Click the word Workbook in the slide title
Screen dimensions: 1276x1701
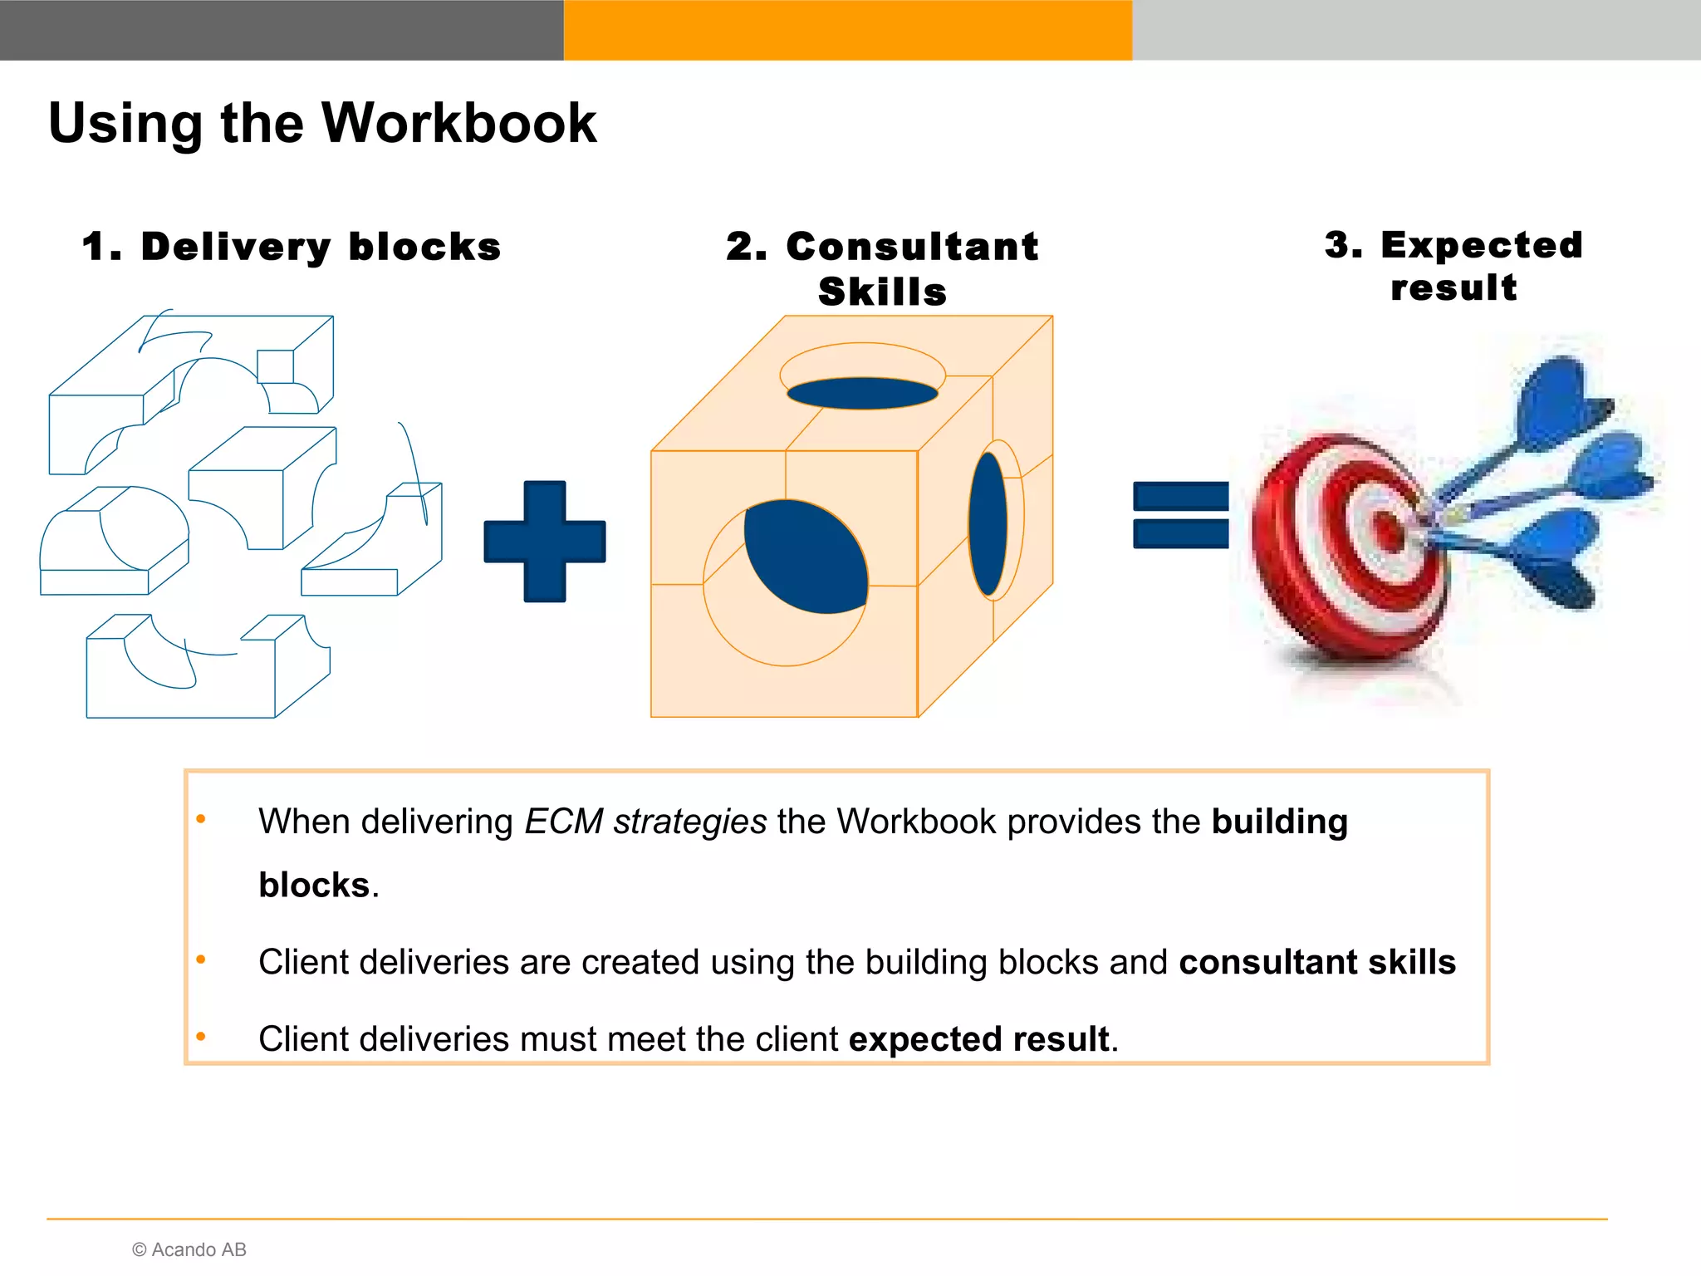coord(458,123)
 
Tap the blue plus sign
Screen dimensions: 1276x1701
coord(545,542)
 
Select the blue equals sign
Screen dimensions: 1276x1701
coord(1180,515)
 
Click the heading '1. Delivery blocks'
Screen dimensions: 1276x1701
coord(292,247)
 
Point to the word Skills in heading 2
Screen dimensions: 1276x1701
coord(882,292)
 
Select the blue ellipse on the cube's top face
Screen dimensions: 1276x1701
coord(862,393)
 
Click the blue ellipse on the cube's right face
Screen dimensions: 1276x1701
coord(988,523)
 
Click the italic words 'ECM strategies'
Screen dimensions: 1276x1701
coord(645,821)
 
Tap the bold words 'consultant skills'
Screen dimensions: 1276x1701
coord(1316,961)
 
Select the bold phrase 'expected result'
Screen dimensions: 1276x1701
coord(978,1038)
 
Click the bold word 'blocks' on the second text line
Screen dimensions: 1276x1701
coord(314,885)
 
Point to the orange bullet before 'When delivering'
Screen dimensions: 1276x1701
coord(201,820)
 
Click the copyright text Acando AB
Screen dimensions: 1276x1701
coord(189,1249)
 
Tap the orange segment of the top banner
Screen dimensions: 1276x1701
coord(847,30)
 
